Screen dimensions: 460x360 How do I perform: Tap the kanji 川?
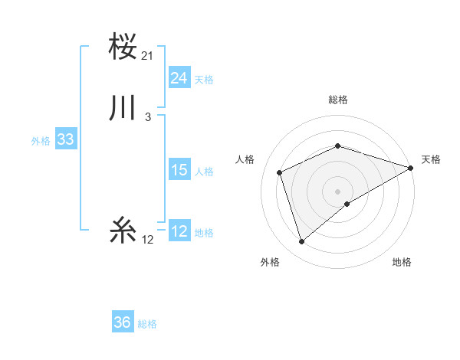123,108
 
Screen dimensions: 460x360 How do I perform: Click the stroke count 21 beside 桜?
148,56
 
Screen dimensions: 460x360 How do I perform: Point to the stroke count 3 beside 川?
148,117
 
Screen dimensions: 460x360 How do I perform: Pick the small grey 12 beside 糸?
148,240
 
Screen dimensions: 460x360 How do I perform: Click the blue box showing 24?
179,77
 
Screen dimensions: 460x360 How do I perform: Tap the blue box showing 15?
179,170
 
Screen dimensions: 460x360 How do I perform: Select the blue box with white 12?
179,231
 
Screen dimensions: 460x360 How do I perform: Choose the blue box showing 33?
65,139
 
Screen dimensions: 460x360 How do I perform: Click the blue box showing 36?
122,322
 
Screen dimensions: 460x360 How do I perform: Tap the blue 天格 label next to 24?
204,80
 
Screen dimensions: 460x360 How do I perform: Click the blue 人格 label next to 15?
204,172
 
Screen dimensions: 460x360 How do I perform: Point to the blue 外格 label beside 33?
41,141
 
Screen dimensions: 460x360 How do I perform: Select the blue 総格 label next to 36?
147,325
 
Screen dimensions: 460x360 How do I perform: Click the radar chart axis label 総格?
337,100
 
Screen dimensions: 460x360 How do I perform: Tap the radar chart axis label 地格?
402,262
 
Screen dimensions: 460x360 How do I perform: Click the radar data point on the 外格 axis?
302,242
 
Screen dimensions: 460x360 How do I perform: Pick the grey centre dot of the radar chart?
337,191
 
